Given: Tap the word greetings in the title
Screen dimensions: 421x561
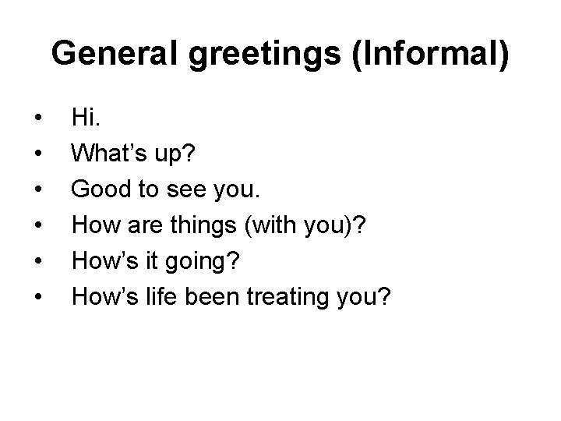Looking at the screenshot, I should [x=249, y=55].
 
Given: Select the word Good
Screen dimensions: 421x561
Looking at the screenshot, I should [x=97, y=187].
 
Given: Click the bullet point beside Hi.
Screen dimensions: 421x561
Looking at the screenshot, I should [x=37, y=119].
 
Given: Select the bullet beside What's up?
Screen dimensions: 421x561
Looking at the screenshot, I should [x=37, y=154].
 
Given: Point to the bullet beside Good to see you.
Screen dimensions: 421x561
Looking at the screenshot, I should [x=37, y=189].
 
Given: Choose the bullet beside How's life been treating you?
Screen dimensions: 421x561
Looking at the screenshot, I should [x=37, y=295].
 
